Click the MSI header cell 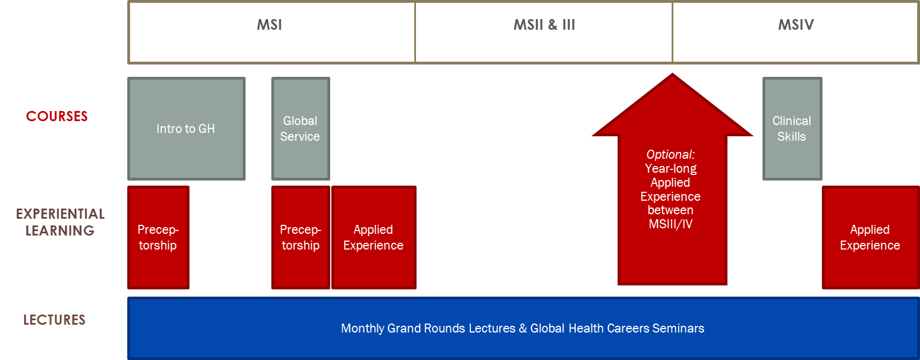pyautogui.click(x=271, y=33)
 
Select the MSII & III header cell pyautogui.click(x=544, y=33)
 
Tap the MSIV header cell pyautogui.click(x=796, y=33)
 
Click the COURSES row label pyautogui.click(x=57, y=116)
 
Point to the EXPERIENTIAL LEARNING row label pyautogui.click(x=60, y=222)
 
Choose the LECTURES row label pyautogui.click(x=54, y=320)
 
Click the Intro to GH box pyautogui.click(x=187, y=128)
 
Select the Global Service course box pyautogui.click(x=300, y=128)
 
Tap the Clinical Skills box pyautogui.click(x=792, y=128)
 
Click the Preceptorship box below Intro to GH pyautogui.click(x=158, y=238)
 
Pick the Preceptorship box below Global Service pyautogui.click(x=300, y=238)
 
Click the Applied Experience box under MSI pyautogui.click(x=374, y=238)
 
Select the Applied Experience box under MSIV pyautogui.click(x=871, y=238)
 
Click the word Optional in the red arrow pyautogui.click(x=671, y=155)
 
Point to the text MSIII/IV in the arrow pyautogui.click(x=671, y=224)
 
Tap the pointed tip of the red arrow pyautogui.click(x=672, y=74)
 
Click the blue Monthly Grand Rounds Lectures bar pyautogui.click(x=524, y=329)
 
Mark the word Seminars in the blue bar pyautogui.click(x=678, y=329)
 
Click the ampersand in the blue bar pyautogui.click(x=523, y=329)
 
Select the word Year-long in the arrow pyautogui.click(x=671, y=168)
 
